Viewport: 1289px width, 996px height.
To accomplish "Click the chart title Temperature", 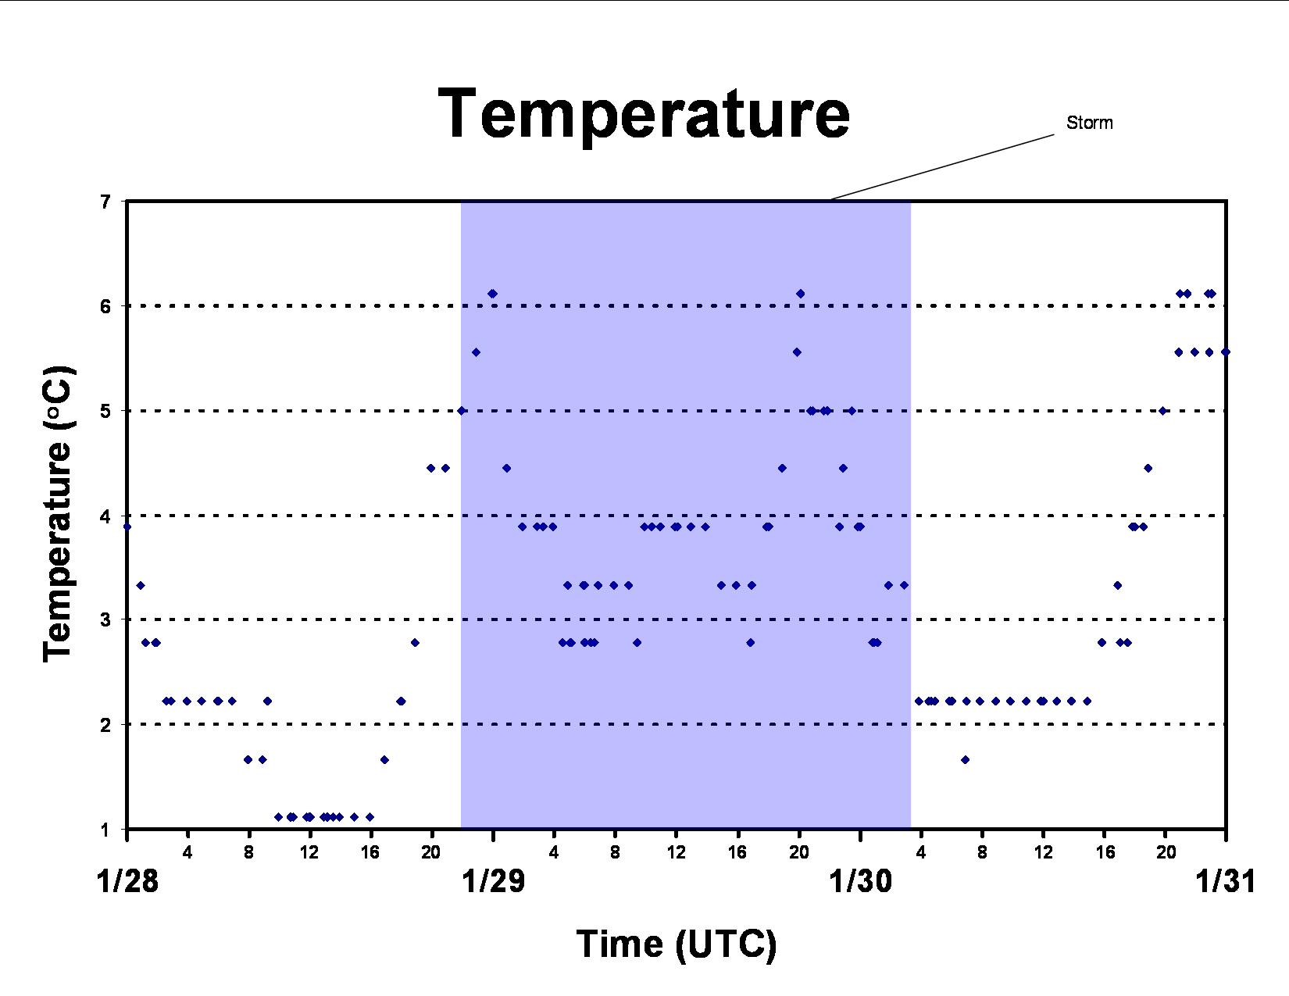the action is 644,114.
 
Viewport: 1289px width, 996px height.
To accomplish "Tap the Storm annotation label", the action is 1089,123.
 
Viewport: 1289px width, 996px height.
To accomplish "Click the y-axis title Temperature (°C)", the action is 58,514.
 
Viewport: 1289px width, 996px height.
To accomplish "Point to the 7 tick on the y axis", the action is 105,202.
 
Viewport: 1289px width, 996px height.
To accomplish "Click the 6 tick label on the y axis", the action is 105,306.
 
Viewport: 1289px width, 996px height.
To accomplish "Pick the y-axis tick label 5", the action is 105,410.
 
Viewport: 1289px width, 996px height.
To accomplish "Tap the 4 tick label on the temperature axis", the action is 105,516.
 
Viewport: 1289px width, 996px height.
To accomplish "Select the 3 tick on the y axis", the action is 105,620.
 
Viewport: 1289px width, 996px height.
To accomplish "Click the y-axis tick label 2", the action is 105,725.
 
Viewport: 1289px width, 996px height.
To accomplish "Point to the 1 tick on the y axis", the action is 105,830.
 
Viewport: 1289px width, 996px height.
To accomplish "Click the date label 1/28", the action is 127,881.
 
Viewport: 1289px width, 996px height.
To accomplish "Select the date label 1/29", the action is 494,881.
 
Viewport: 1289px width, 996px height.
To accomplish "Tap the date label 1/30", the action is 860,881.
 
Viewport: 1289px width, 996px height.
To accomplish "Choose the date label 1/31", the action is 1226,881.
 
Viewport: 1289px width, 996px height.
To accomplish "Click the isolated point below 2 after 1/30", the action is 965,759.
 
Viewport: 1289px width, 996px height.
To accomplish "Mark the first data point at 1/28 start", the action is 127,527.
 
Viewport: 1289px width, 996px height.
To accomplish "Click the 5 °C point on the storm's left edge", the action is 462,410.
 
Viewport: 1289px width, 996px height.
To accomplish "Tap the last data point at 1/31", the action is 1226,352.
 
